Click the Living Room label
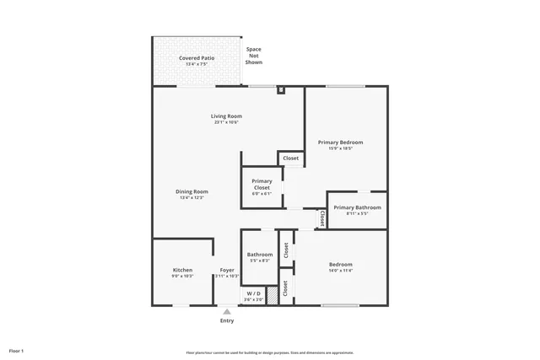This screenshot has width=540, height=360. click(226, 116)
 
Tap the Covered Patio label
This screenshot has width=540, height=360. click(197, 58)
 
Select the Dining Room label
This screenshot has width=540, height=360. click(192, 191)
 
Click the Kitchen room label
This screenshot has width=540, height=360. click(182, 271)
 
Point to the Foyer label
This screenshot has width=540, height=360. click(227, 271)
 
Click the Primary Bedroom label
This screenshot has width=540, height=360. click(340, 142)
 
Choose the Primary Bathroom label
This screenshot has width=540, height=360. click(357, 207)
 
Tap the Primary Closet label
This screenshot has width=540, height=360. click(262, 184)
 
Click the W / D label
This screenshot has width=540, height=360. click(253, 293)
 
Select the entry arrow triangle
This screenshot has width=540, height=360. click(226, 312)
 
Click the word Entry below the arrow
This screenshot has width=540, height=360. click(227, 320)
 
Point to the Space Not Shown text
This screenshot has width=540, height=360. click(253, 56)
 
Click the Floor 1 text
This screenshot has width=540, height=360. click(16, 350)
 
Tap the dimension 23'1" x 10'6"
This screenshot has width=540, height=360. click(226, 123)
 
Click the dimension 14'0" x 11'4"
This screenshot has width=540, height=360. click(340, 271)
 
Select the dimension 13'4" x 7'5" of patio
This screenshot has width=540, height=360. click(197, 64)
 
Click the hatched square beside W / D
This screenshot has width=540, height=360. click(272, 297)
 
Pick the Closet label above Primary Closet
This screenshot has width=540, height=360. click(290, 159)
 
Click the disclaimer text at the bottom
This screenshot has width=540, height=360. click(269, 352)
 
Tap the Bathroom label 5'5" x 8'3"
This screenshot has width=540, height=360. click(260, 255)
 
